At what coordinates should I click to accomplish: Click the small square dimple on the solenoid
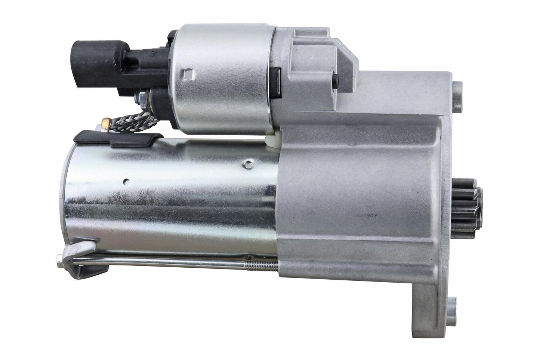(x=188, y=76)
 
